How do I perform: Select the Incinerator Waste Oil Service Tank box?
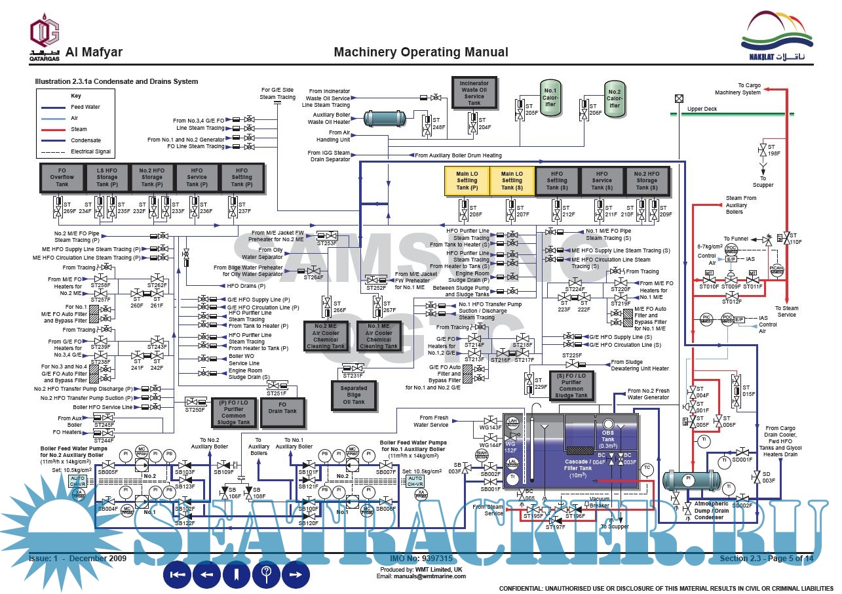pos(474,92)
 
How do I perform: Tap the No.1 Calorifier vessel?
pos(550,98)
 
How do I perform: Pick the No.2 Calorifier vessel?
pos(614,98)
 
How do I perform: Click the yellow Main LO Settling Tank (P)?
pos(467,181)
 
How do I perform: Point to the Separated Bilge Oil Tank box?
pos(353,395)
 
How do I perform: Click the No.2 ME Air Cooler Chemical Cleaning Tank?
pos(326,336)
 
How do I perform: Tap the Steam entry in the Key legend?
pos(79,129)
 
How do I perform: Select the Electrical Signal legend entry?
pos(90,151)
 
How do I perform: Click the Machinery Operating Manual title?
pos(421,52)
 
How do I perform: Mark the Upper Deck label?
pos(702,109)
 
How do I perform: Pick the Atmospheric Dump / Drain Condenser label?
pos(711,511)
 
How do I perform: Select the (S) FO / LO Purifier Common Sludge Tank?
pos(571,385)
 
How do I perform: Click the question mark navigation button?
pos(266,574)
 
